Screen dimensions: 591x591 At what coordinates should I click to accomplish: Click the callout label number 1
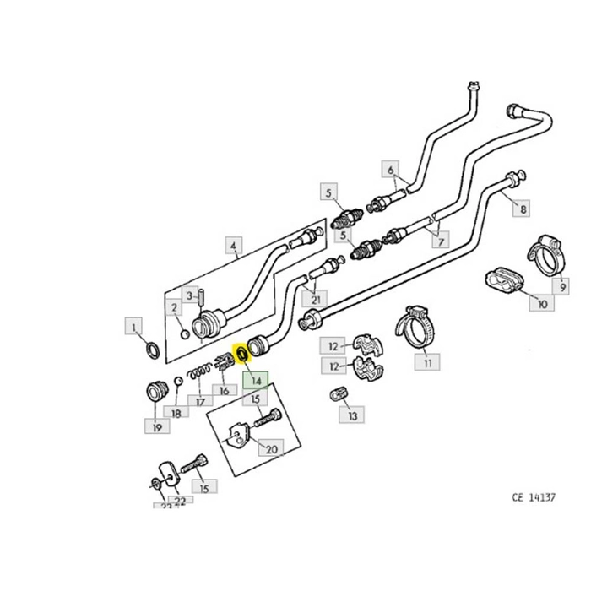tap(133, 325)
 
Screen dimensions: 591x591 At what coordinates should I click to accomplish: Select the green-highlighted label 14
tap(255, 382)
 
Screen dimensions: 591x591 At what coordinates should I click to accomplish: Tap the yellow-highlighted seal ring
tap(241, 353)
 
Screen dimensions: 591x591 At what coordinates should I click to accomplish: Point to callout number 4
tap(234, 247)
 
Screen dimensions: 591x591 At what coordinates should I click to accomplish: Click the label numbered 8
tap(523, 209)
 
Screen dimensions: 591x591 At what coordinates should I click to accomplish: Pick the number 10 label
tap(541, 304)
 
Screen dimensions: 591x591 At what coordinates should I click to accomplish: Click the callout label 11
tap(427, 363)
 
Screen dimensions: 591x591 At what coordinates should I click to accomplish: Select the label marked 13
tap(352, 415)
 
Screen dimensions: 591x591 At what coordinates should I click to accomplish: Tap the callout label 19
tap(155, 427)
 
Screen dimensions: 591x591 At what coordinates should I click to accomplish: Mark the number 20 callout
tap(270, 449)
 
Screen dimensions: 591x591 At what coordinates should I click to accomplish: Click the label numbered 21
tap(316, 299)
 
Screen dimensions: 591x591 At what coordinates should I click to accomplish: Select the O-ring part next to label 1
tap(153, 349)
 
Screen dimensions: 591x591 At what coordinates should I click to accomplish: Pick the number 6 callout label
tap(390, 170)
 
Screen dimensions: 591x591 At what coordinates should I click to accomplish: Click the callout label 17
tap(199, 401)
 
